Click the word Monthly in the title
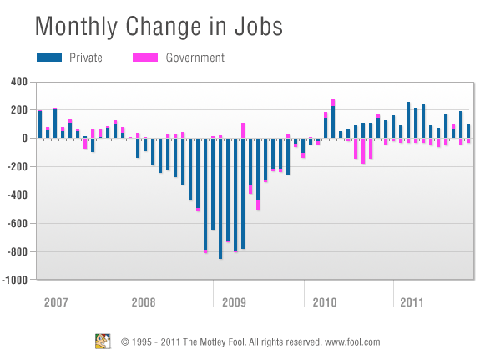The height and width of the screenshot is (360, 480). (x=76, y=28)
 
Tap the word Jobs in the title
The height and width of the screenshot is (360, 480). (x=259, y=26)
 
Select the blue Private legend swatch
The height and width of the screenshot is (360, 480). (x=49, y=58)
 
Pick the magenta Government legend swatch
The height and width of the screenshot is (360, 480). (x=145, y=58)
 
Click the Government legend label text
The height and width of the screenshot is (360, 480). (x=195, y=58)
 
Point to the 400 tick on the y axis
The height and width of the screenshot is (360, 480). (x=19, y=82)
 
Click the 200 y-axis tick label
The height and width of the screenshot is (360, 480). (x=19, y=110)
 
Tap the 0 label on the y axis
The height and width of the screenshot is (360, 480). (x=24, y=139)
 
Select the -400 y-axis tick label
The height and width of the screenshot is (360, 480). (x=18, y=195)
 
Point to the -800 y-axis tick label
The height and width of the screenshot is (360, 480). (x=18, y=252)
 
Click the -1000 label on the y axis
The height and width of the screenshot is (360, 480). (x=15, y=280)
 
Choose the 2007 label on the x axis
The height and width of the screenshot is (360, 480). (x=56, y=302)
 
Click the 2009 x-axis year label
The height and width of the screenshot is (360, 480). (x=234, y=302)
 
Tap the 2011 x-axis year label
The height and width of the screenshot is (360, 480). (x=412, y=302)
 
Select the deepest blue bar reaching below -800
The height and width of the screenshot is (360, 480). (x=220, y=199)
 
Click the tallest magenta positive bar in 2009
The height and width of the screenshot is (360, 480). (x=243, y=130)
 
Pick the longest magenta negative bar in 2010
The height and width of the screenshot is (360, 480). (x=363, y=151)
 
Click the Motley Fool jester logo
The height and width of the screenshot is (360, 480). (x=103, y=342)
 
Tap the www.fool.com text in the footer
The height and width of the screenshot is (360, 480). (x=352, y=342)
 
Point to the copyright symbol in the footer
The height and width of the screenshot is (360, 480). (x=125, y=342)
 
